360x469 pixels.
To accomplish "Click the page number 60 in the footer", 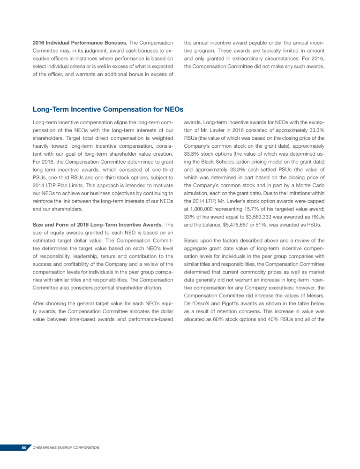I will coord(24,448).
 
